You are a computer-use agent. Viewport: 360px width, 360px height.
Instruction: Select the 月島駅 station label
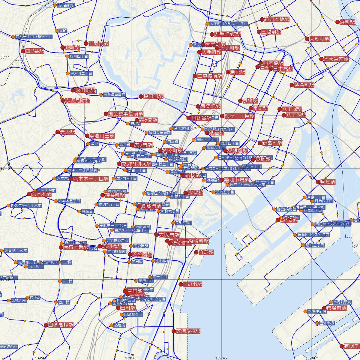click(x=328, y=182)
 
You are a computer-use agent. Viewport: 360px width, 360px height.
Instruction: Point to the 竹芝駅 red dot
click(x=196, y=252)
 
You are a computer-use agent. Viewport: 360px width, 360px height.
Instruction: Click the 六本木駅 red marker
click(x=29, y=194)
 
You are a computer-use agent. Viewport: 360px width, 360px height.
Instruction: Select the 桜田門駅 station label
click(x=153, y=97)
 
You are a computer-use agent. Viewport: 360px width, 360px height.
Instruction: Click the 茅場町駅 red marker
click(x=292, y=85)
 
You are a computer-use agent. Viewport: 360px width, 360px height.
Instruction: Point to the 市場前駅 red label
click(x=337, y=308)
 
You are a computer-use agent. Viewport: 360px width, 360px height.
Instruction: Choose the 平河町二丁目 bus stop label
click(x=81, y=73)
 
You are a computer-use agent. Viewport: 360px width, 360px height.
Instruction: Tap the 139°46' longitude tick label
click(x=222, y=358)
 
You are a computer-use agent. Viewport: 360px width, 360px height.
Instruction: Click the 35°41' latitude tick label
click(x=6, y=57)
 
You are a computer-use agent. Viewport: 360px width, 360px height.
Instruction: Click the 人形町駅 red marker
click(x=307, y=39)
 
